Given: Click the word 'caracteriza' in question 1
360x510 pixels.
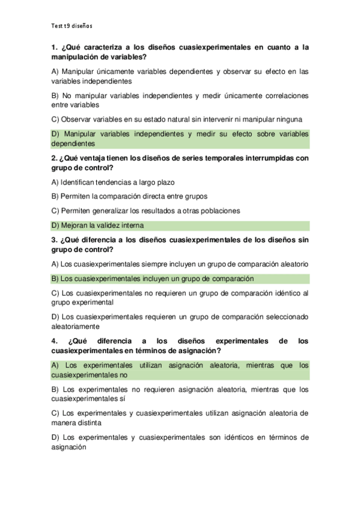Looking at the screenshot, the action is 100,46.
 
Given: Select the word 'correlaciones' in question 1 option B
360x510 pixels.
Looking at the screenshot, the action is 285,95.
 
